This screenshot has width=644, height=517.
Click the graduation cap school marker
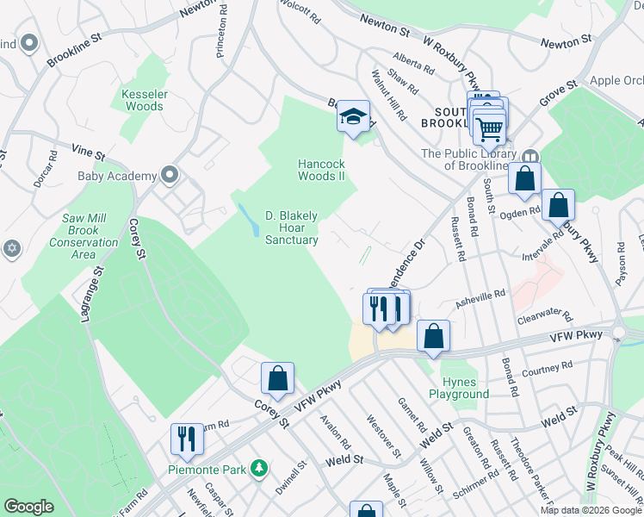(x=353, y=116)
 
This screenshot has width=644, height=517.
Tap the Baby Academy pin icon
(x=170, y=176)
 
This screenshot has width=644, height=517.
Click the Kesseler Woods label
(x=143, y=100)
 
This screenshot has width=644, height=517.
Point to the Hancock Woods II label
(x=321, y=170)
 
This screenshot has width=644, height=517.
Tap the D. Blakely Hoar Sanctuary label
(x=291, y=228)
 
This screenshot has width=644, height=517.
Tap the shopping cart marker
(x=490, y=129)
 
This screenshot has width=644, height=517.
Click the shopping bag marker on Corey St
(x=277, y=377)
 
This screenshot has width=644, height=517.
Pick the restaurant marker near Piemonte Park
(x=186, y=438)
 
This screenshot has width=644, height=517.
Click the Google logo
(x=28, y=507)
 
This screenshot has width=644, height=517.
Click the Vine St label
(x=88, y=152)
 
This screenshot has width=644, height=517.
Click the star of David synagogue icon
(x=12, y=248)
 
